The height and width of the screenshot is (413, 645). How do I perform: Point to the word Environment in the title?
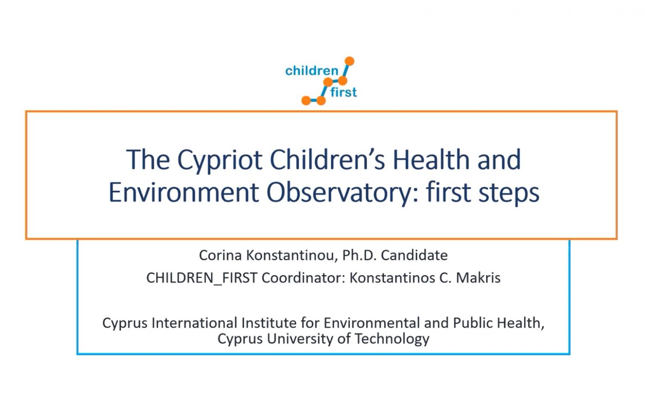click(x=184, y=192)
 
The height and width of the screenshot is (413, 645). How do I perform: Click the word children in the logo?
click(x=312, y=71)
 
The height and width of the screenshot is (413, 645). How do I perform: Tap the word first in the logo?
click(x=343, y=92)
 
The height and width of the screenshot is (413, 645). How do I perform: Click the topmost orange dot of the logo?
click(x=349, y=61)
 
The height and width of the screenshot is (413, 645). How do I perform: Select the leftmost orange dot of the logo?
click(x=306, y=101)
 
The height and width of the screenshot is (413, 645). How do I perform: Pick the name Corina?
click(x=220, y=255)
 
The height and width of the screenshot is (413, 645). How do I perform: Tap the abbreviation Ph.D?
click(x=359, y=255)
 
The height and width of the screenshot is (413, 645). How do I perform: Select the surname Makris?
click(x=478, y=278)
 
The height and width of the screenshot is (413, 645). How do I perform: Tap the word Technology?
click(x=392, y=339)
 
